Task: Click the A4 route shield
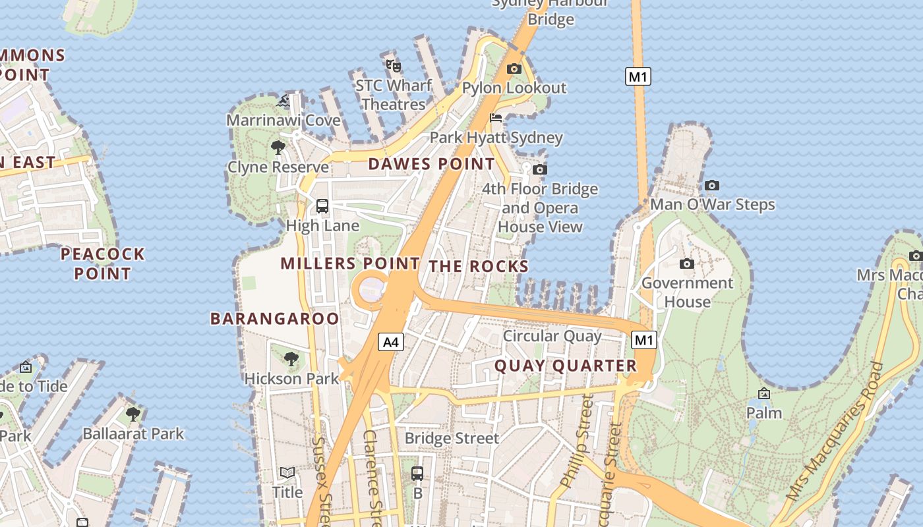pyautogui.click(x=391, y=342)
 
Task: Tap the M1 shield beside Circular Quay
pyautogui.click(x=644, y=340)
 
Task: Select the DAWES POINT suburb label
pyautogui.click(x=431, y=164)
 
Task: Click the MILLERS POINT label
pyautogui.click(x=350, y=263)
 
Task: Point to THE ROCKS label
pyautogui.click(x=479, y=267)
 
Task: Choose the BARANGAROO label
pyautogui.click(x=275, y=319)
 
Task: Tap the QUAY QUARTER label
pyautogui.click(x=566, y=366)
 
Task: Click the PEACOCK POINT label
pyautogui.click(x=102, y=263)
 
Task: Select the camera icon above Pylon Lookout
pyautogui.click(x=514, y=69)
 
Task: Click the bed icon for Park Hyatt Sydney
pyautogui.click(x=496, y=118)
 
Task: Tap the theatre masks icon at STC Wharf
pyautogui.click(x=394, y=65)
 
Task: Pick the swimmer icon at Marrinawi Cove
pyautogui.click(x=283, y=101)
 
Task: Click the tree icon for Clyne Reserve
pyautogui.click(x=278, y=147)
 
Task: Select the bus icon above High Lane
pyautogui.click(x=322, y=206)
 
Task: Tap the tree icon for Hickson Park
pyautogui.click(x=291, y=359)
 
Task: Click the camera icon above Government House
pyautogui.click(x=687, y=263)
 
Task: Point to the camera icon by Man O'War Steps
pyautogui.click(x=712, y=185)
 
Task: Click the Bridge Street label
pyautogui.click(x=452, y=438)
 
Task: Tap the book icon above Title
pyautogui.click(x=287, y=472)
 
